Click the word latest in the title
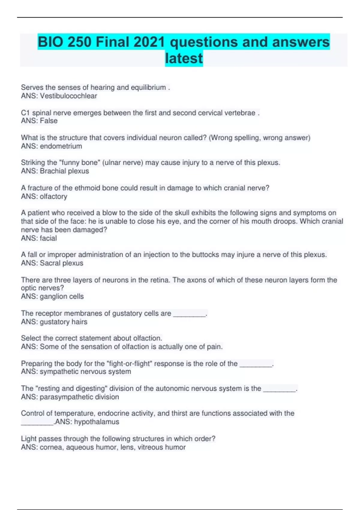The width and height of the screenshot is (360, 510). point(184,58)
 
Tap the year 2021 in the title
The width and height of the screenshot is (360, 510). point(149,42)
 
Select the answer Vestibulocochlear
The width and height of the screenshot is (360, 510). point(68,96)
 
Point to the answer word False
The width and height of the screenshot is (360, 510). point(49,121)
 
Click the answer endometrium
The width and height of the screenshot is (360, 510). point(61,146)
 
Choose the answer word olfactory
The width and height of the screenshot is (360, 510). point(53,196)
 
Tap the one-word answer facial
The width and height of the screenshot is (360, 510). point(48,238)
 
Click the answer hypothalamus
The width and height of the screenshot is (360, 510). point(97,422)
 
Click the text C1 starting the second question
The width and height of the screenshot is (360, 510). point(25,113)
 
